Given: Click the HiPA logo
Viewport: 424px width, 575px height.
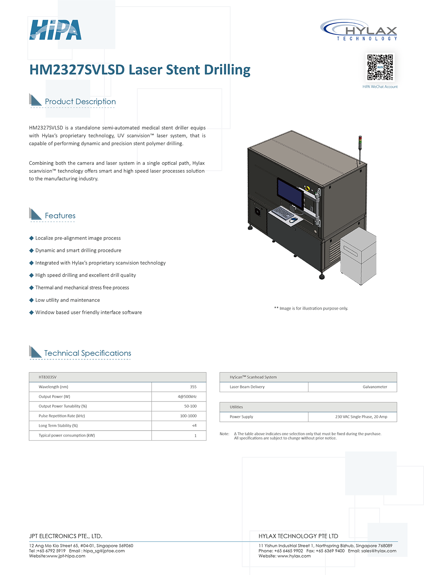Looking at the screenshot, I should (x=55, y=30).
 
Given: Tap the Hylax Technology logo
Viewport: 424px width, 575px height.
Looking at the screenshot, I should (x=359, y=30).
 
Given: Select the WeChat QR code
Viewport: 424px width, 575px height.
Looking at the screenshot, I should (x=380, y=68).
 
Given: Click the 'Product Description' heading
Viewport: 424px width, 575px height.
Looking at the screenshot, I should (x=80, y=102).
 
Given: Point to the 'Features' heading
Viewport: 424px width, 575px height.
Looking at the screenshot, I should (x=60, y=216).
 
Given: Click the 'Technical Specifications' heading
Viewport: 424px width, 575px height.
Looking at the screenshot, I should (x=88, y=353).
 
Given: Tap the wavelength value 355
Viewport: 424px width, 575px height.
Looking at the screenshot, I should (x=193, y=387).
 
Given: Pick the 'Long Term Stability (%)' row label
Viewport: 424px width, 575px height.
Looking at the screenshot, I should (x=58, y=426).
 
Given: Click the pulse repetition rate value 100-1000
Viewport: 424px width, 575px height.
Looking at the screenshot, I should (x=188, y=416).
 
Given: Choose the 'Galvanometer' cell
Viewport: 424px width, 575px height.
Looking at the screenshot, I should (x=375, y=387).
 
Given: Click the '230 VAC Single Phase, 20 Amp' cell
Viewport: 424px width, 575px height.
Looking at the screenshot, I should (x=361, y=417).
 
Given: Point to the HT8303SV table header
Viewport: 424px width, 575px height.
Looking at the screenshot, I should (x=48, y=377).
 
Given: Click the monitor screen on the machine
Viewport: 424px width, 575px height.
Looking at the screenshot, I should (x=290, y=193).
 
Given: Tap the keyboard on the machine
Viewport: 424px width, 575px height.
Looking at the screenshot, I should (x=283, y=213).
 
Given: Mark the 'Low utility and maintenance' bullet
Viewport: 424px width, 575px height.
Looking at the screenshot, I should (x=68, y=300).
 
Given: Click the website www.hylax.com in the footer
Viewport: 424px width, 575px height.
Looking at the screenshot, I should (x=294, y=556).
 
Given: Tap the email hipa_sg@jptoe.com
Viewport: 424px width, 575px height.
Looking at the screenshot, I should (x=104, y=551).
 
